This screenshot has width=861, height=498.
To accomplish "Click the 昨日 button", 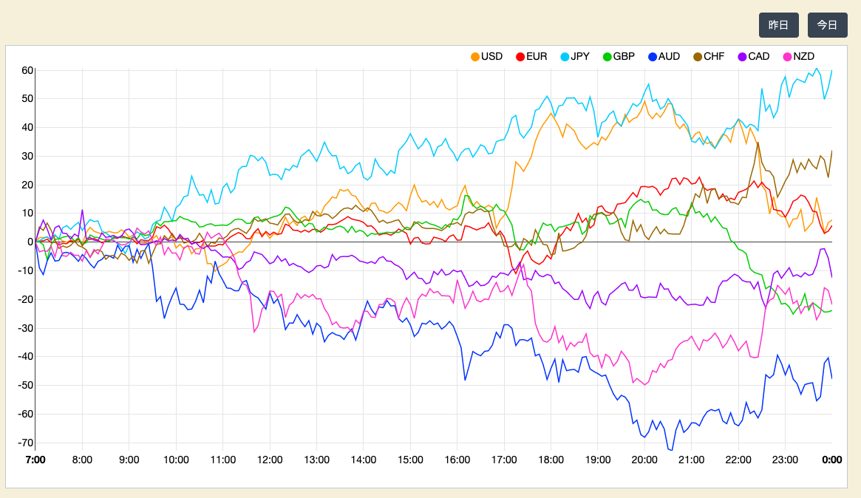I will click(x=778, y=25).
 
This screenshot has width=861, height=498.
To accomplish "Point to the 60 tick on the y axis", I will click(x=27, y=70).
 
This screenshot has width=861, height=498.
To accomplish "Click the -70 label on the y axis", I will click(x=25, y=443).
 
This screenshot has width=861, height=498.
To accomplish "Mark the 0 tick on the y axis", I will click(x=30, y=242).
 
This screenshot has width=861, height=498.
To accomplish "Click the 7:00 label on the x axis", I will click(x=35, y=460).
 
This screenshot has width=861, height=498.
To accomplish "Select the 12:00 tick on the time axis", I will click(x=270, y=460).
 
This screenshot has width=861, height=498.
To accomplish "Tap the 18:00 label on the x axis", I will click(x=551, y=460).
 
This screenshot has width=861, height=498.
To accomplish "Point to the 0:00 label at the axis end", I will click(x=832, y=460).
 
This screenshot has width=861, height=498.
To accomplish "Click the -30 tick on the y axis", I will click(x=25, y=328).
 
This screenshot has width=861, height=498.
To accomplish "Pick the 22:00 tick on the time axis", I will click(x=738, y=460).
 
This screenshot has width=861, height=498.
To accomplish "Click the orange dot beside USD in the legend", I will click(x=475, y=57).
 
